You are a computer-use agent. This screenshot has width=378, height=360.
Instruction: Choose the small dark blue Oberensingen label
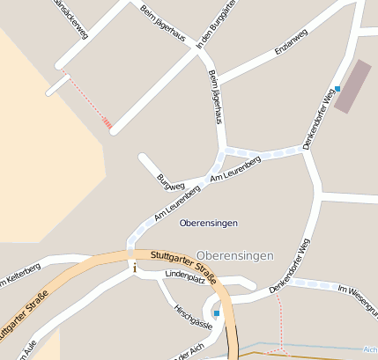point(208,224)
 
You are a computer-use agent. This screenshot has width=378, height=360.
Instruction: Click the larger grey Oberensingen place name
point(235,255)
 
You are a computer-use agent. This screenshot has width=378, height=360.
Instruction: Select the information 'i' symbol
point(134,268)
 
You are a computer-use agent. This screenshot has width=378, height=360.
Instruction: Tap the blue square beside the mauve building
point(337,88)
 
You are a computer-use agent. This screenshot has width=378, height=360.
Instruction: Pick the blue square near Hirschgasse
point(217,312)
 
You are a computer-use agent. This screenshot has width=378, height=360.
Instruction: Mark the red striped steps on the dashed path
point(107,123)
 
